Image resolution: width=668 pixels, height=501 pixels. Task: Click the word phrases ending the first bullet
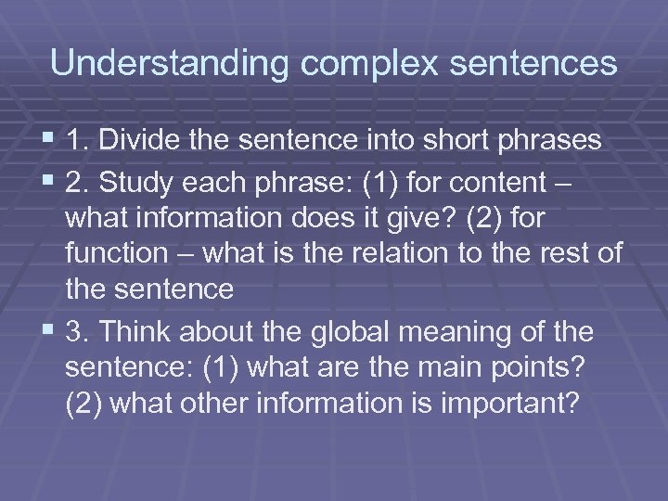550,141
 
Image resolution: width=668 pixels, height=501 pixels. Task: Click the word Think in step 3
137,331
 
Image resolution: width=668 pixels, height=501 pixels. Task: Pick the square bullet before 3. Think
49,331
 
